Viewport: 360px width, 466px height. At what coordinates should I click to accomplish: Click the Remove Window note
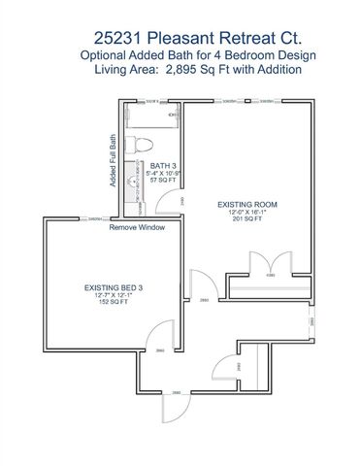(x=137, y=227)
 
